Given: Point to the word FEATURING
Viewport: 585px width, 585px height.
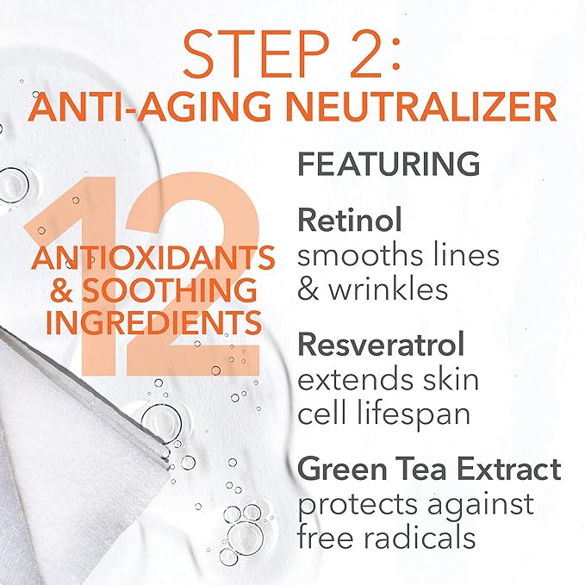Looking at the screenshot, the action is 389,164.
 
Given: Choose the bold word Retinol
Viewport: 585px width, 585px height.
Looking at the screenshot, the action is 350,220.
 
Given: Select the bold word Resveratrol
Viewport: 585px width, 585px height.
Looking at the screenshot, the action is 381,344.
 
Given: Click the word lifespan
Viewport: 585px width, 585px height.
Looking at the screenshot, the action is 414,414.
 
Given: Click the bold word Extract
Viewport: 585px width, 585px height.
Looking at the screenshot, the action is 510,469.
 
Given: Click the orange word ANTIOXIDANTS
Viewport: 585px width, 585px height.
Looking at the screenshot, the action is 153,258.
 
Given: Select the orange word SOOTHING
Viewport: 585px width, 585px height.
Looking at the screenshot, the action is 170,290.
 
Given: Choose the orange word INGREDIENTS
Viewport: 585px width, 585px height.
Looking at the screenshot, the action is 153,322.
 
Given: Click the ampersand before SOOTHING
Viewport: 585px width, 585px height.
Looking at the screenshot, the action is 61,290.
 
